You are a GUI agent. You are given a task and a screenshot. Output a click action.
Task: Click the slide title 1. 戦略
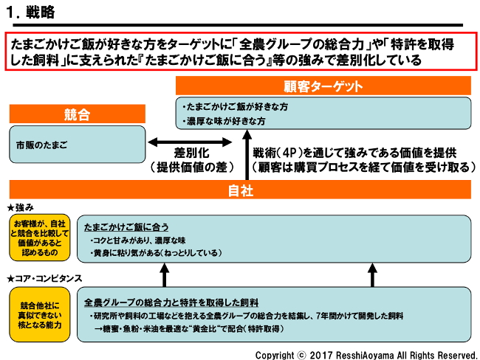[30, 13]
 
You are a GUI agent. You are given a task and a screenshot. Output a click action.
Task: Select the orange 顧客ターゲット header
[323, 85]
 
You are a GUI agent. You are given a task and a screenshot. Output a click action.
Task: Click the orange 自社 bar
[241, 190]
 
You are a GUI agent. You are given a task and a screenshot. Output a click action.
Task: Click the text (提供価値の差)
[193, 167]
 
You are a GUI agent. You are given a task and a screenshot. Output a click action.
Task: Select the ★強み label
[21, 208]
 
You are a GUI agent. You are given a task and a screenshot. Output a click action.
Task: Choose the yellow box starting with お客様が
[40, 238]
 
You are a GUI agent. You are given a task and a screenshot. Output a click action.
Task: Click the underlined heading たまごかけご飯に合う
[126, 226]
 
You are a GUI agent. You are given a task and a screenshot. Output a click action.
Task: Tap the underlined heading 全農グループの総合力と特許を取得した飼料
[171, 302]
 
